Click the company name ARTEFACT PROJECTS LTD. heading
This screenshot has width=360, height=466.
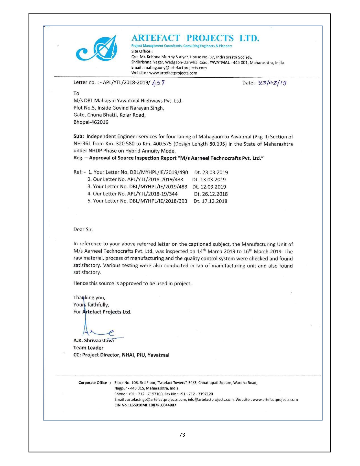[x=195, y=38]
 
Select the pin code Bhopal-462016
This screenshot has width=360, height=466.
[x=91, y=122]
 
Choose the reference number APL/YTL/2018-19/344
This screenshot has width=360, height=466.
[x=152, y=194]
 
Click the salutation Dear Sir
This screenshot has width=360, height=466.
[x=83, y=229]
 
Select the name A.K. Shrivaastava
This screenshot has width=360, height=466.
[x=93, y=341]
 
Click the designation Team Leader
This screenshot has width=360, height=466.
[x=88, y=348]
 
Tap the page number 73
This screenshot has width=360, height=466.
[x=182, y=435]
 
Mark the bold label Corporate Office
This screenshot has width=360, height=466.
[x=93, y=383]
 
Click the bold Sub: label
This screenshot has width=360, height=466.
[x=79, y=137]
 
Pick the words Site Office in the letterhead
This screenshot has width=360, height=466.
[x=141, y=51]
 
